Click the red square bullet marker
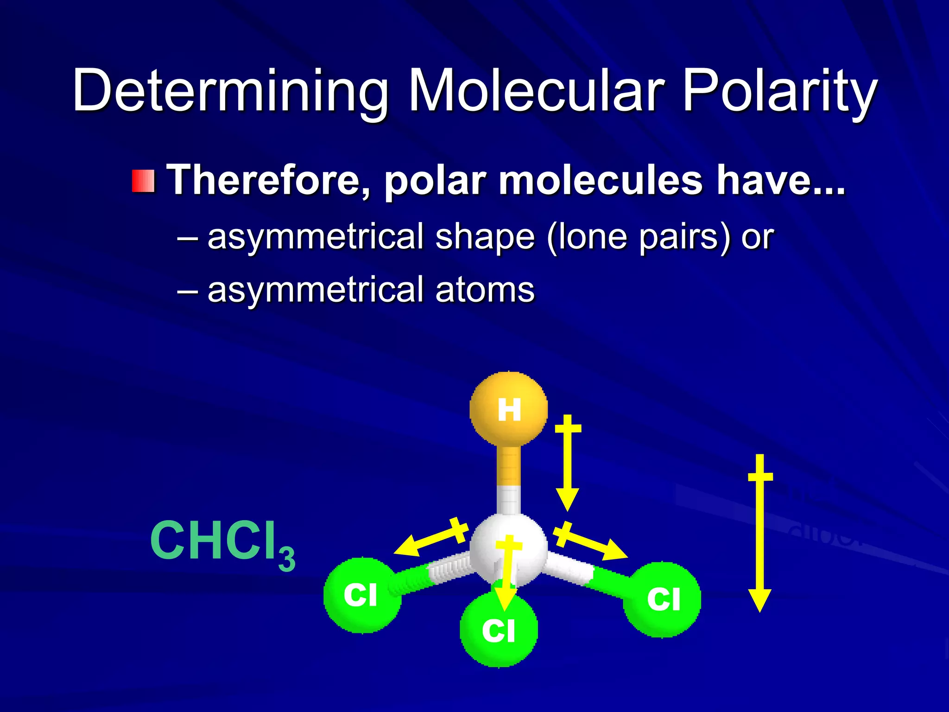[143, 181]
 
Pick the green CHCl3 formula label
[222, 542]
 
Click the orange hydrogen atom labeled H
[509, 409]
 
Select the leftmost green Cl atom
[361, 595]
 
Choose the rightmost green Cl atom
[663, 599]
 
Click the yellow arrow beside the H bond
[568, 464]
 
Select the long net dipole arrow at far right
[760, 533]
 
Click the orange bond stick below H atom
[508, 466]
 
